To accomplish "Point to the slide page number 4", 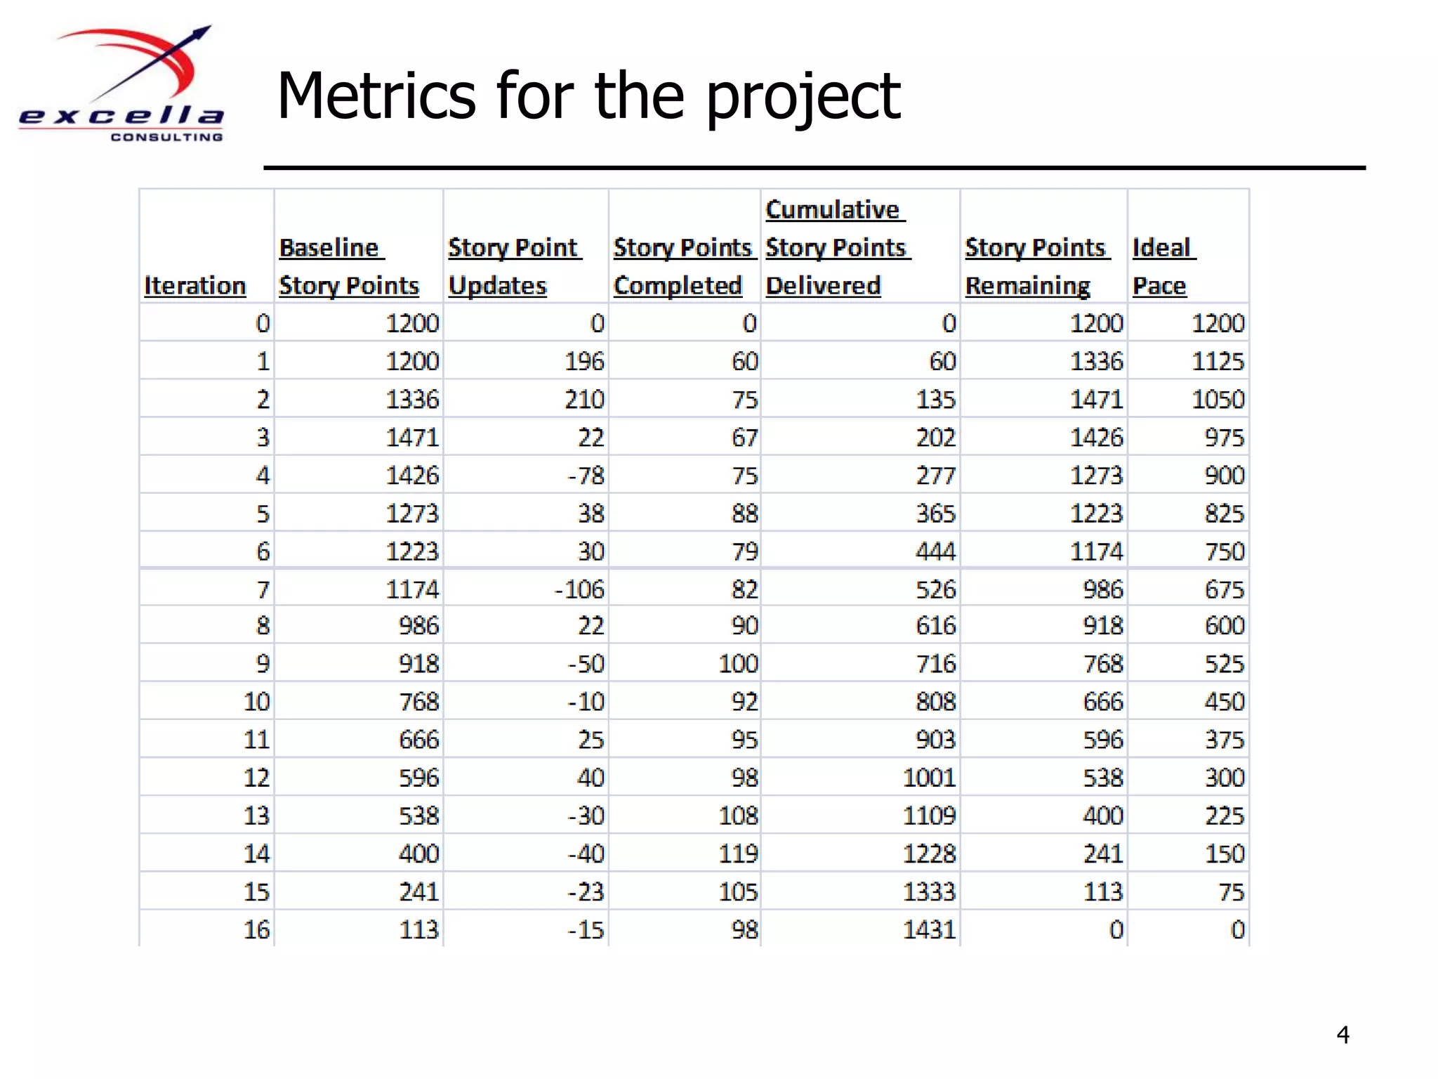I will coord(1343,1035).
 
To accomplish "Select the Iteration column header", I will coord(195,286).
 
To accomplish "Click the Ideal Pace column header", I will coord(1163,267).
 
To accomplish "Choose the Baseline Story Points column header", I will coord(349,267).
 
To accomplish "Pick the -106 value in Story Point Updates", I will coord(579,589).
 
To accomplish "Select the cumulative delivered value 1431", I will coord(928,930).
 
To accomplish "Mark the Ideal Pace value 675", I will coord(1225,589).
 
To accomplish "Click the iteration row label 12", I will coord(256,778).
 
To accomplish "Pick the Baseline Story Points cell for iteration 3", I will coord(412,438).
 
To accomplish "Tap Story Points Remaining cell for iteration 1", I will coord(1096,362).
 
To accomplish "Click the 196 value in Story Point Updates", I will coord(584,362).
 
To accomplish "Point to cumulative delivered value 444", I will coord(935,551).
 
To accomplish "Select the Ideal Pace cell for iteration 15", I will coord(1231,892).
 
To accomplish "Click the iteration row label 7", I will coord(263,589).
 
